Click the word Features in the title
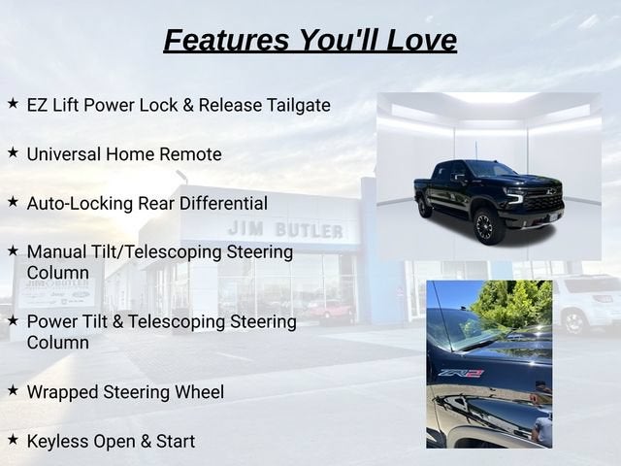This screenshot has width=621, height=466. click(226, 40)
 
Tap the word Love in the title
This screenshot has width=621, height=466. click(421, 40)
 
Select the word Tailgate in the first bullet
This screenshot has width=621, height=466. click(298, 106)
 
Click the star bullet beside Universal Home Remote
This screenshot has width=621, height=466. click(13, 152)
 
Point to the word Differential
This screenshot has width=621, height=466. click(223, 203)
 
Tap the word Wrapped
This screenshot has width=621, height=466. click(62, 392)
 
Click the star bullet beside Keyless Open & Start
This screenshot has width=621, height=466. click(13, 439)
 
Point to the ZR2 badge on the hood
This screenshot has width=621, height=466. click(461, 373)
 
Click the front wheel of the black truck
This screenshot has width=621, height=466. click(485, 227)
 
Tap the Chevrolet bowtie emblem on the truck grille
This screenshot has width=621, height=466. click(550, 192)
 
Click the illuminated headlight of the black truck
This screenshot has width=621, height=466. click(515, 196)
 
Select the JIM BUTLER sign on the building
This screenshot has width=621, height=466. click(285, 229)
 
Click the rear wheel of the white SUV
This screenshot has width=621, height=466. click(573, 322)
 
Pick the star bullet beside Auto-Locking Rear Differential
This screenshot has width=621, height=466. click(13, 201)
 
